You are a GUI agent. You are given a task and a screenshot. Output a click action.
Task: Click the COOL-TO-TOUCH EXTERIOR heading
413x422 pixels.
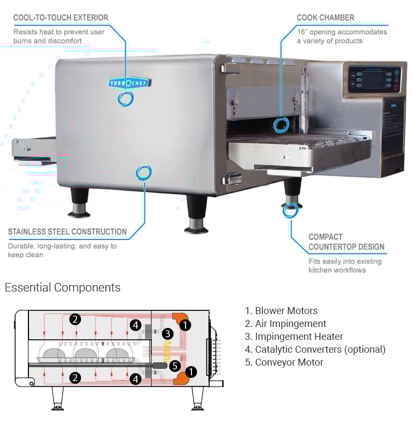click(61, 18)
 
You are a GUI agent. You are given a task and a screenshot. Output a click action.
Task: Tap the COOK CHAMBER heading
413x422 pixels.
click(326, 18)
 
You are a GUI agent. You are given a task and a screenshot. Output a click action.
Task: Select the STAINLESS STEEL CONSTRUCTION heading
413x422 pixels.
click(68, 232)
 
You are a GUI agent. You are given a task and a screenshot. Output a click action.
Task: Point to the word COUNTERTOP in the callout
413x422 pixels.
click(331, 247)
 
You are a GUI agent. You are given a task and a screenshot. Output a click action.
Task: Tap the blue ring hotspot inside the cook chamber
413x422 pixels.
click(281, 125)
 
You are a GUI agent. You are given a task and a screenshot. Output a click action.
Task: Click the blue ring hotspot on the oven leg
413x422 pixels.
click(290, 210)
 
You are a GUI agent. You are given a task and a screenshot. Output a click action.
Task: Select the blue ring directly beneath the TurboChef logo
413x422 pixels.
click(127, 98)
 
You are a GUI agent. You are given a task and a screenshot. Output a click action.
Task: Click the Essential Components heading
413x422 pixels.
click(63, 287)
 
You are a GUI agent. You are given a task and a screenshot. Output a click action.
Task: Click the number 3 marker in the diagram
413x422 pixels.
click(167, 334)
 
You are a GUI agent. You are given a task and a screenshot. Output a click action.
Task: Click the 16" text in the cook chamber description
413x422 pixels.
click(303, 32)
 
